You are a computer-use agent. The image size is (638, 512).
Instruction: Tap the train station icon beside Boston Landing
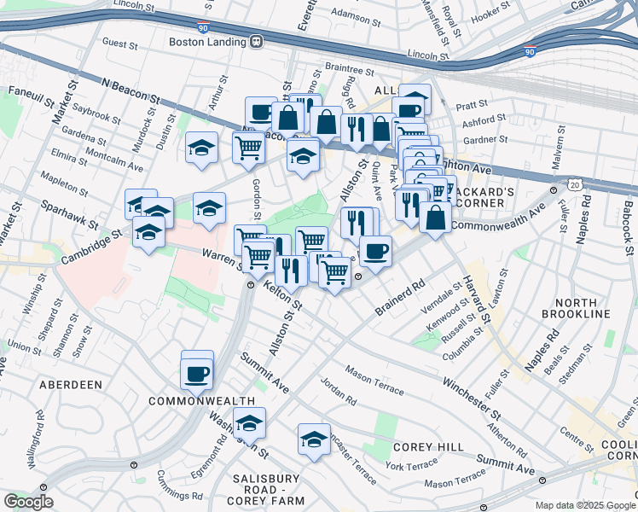click(x=255, y=40)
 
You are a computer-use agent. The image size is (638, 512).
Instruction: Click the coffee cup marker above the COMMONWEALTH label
click(x=197, y=373)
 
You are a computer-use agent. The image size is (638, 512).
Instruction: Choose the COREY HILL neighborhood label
click(x=428, y=447)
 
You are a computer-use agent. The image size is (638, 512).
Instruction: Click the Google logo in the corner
click(x=28, y=502)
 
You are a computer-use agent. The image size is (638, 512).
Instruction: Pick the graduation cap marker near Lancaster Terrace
click(x=314, y=439)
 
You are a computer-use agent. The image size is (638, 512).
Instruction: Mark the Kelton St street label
click(x=282, y=294)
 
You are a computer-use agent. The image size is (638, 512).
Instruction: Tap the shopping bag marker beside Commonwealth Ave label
click(x=435, y=217)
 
